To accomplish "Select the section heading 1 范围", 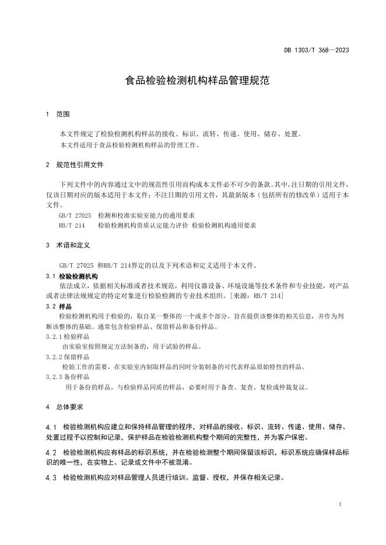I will pos(58,114).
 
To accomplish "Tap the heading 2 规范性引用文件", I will pos(75,165).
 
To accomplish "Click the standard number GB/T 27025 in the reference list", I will pos(75,215).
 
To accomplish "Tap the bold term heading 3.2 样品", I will pos(58,306).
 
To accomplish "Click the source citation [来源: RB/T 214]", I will pos(257,296).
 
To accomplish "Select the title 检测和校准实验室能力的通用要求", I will pos(147,215).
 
